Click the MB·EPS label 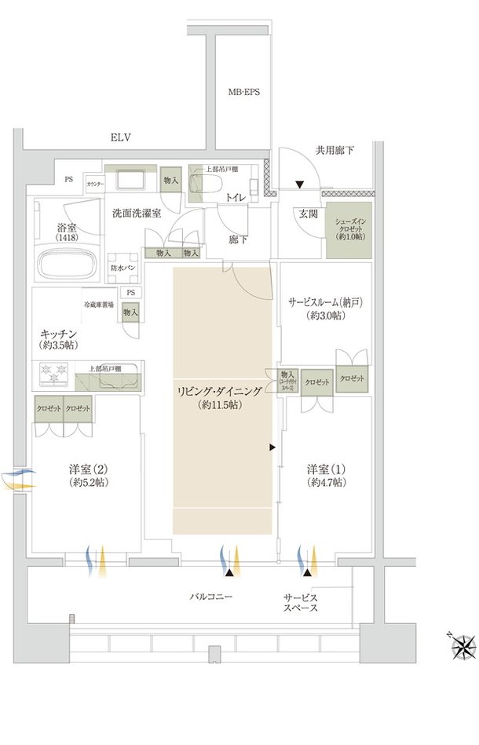pyautogui.click(x=244, y=92)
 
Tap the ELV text pyautogui.click(x=120, y=138)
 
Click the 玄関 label pyautogui.click(x=306, y=213)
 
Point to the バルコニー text pyautogui.click(x=211, y=597)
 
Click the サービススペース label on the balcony pyautogui.click(x=301, y=602)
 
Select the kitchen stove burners pyautogui.click(x=54, y=375)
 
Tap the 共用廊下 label pyautogui.click(x=335, y=150)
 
